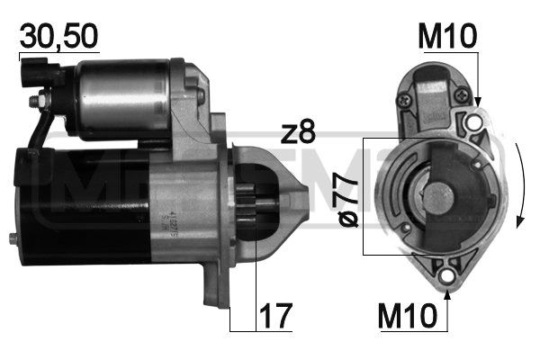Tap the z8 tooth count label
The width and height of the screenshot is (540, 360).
pyautogui.click(x=298, y=132)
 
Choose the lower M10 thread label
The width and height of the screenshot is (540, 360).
pyautogui.click(x=409, y=316)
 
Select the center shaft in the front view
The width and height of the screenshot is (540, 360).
pyautogui.click(x=440, y=193)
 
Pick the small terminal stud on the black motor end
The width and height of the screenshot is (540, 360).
pyautogui.click(x=12, y=238)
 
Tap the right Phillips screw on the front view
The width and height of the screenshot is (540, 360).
pyautogui.click(x=462, y=94)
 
